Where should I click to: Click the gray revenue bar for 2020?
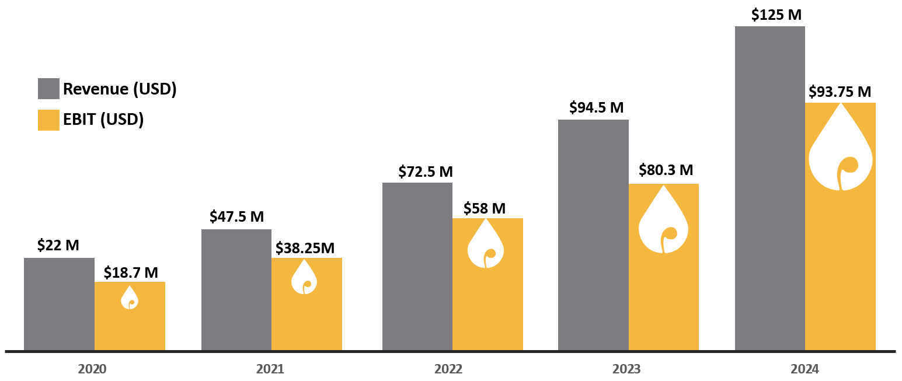(x=59, y=303)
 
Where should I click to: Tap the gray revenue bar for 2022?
(x=417, y=266)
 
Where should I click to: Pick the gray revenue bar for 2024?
(x=769, y=188)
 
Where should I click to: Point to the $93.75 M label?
(x=840, y=92)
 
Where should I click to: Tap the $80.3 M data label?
(x=666, y=170)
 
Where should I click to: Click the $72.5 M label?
(x=426, y=172)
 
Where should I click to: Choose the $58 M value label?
(x=485, y=208)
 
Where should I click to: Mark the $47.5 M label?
(x=236, y=217)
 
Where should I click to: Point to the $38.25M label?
(x=305, y=247)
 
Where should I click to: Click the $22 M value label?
(x=58, y=246)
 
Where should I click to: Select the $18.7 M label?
(x=131, y=272)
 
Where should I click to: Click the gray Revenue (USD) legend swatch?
(x=48, y=89)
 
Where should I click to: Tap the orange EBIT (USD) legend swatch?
(x=48, y=120)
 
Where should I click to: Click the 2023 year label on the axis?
(x=626, y=369)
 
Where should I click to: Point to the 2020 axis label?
(x=92, y=369)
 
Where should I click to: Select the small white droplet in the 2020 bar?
(x=130, y=298)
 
